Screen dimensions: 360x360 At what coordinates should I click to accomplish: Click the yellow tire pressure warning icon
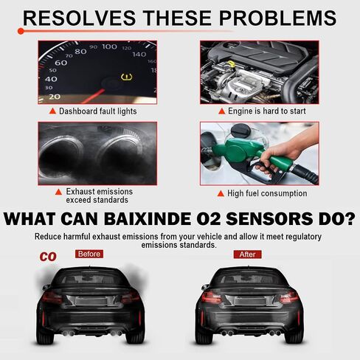click(x=127, y=77)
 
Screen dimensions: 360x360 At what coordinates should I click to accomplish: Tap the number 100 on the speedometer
click(x=109, y=46)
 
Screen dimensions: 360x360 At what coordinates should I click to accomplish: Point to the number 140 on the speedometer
click(x=139, y=54)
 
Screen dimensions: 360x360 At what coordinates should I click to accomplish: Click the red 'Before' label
click(x=89, y=254)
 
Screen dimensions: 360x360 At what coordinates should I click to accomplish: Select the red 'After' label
click(x=247, y=255)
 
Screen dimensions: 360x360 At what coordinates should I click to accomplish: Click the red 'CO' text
click(x=48, y=257)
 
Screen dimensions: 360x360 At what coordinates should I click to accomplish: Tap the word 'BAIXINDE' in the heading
click(x=148, y=219)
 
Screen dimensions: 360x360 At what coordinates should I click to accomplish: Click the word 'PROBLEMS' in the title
click(x=277, y=18)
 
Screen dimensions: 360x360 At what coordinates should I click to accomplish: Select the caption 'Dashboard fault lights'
click(x=98, y=111)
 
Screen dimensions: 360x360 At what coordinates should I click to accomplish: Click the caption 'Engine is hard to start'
click(x=267, y=111)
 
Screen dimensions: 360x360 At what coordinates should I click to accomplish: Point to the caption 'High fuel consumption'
click(x=267, y=193)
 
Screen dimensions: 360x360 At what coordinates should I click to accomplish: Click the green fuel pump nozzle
click(x=249, y=153)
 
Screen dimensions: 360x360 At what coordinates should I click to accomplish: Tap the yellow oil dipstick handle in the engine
click(x=231, y=64)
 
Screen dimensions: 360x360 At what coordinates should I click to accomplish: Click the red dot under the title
click(x=21, y=31)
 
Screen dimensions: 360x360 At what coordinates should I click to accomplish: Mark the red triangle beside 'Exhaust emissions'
click(x=58, y=192)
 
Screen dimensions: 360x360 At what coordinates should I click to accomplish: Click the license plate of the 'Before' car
click(x=91, y=301)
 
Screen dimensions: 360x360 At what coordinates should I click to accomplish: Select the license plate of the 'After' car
click(x=250, y=301)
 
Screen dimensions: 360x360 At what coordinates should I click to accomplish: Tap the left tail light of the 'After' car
click(x=211, y=297)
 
